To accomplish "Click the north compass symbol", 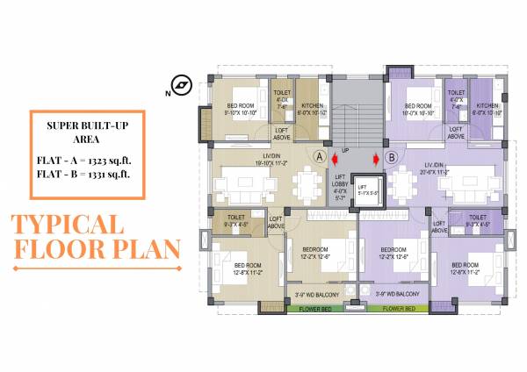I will click(x=182, y=85).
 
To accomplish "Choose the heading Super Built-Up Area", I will click(x=85, y=132).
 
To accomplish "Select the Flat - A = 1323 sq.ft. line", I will click(x=85, y=159).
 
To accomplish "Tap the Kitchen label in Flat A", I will click(x=309, y=108).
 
